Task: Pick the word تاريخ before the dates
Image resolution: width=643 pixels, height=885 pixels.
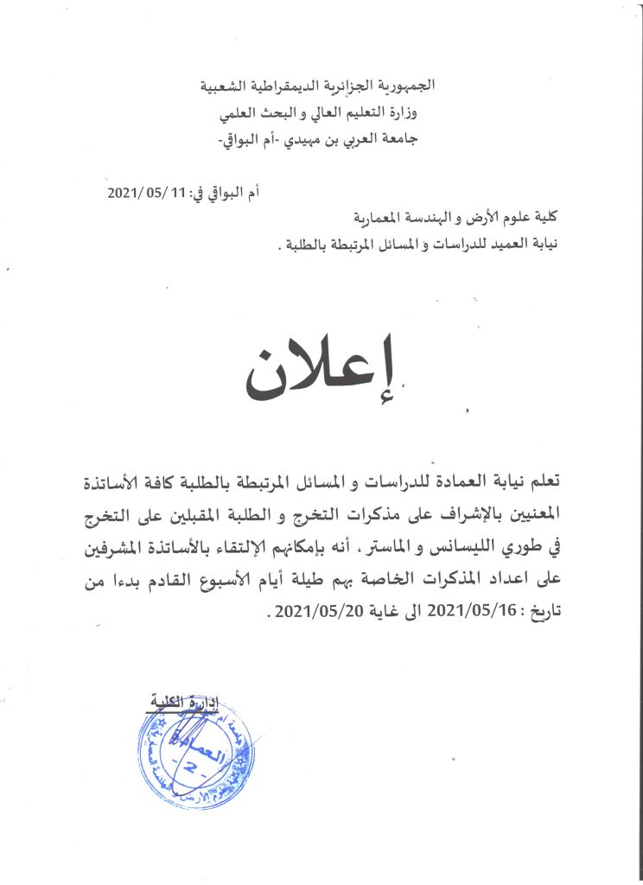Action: pos(544,614)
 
